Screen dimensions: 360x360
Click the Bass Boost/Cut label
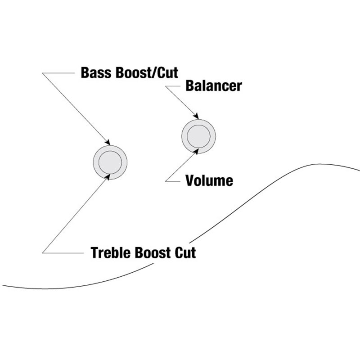[x=130, y=72]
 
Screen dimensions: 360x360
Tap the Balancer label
[x=213, y=85]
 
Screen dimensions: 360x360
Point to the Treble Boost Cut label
[x=144, y=252]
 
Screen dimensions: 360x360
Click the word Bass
[x=94, y=72]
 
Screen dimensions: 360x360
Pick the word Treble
[x=109, y=252]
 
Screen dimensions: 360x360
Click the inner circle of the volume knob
[x=198, y=135]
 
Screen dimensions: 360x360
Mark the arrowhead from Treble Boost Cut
[x=108, y=175]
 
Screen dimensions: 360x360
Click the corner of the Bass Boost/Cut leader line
[x=44, y=73]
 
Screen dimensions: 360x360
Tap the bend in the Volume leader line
[x=166, y=181]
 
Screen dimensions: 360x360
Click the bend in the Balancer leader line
[x=166, y=86]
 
